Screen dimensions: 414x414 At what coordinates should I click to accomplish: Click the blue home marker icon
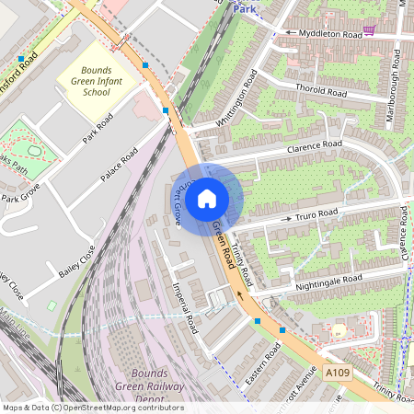coord(207,198)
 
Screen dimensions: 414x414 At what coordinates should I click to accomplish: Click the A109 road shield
coord(336,372)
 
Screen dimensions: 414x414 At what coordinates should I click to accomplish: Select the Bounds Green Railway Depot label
coord(150,387)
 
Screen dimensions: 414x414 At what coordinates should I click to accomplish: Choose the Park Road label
coord(97,130)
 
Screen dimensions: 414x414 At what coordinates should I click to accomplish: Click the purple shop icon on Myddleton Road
coord(369,30)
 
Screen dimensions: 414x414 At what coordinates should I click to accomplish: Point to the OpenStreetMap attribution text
coord(92,408)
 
